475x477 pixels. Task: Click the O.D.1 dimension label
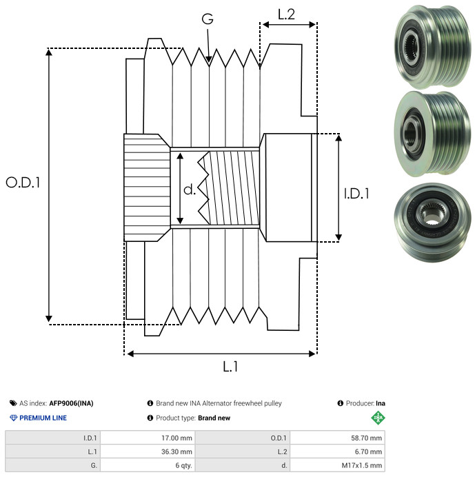(23, 183)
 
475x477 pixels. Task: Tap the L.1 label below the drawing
(230, 367)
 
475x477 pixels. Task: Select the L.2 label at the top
(286, 13)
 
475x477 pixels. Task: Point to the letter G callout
(207, 21)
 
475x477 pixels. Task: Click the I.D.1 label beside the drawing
(356, 194)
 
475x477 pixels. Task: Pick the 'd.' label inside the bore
(190, 190)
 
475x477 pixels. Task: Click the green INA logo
(378, 417)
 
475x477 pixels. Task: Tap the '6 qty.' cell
(183, 465)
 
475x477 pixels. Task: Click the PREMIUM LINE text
(43, 418)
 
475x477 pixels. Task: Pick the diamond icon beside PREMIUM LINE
(13, 418)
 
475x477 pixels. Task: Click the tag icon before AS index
(13, 403)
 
